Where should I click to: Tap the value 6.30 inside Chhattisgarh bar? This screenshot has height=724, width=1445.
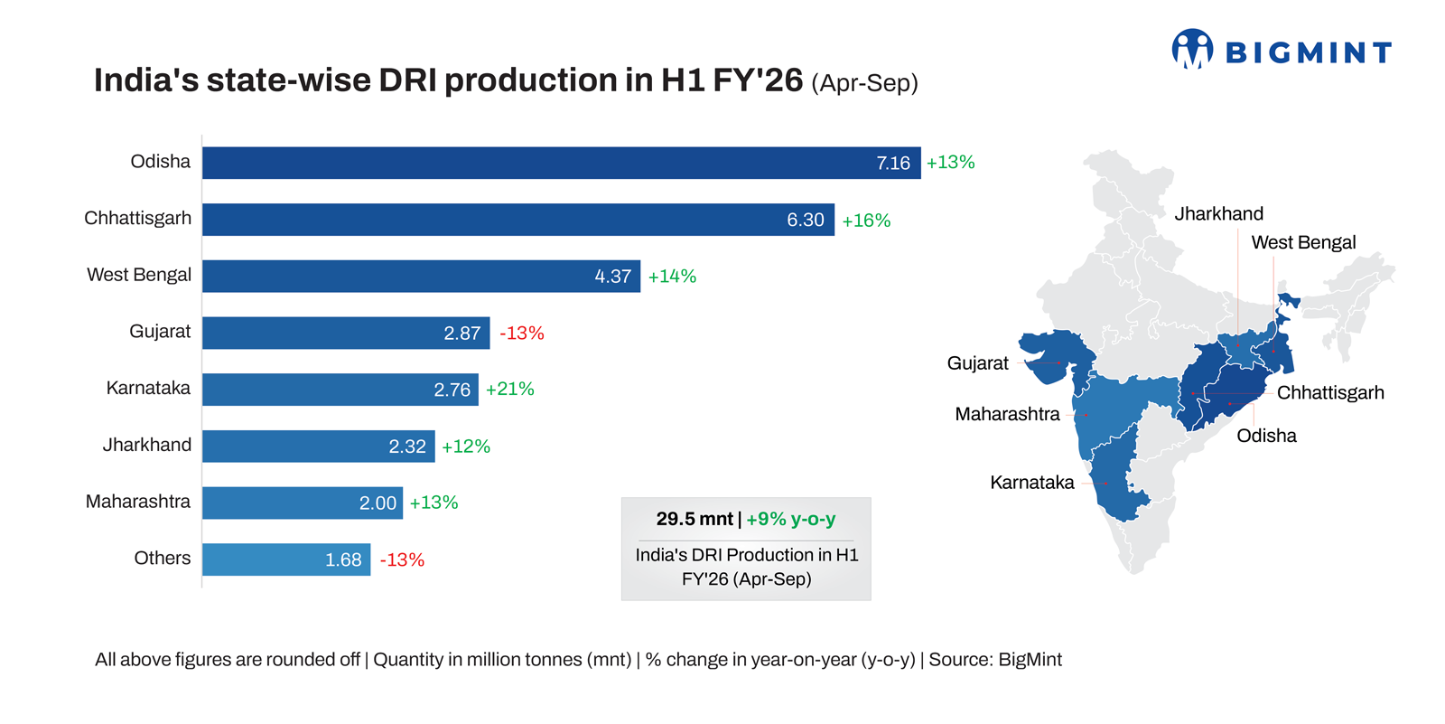805,220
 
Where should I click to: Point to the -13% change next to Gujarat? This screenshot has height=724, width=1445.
522,333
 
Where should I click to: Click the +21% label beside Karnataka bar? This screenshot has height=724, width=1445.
510,389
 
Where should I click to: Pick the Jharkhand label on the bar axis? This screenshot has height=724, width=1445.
146,445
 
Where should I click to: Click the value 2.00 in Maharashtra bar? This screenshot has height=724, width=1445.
378,503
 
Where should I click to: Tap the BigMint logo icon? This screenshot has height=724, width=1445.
1192,49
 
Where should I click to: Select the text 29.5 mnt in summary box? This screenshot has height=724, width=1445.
694,519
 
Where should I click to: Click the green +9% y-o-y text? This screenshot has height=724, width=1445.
791,519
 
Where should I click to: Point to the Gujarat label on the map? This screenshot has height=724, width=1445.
977,363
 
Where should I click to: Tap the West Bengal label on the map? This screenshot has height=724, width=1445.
1303,242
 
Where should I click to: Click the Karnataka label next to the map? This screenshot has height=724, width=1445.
1031,483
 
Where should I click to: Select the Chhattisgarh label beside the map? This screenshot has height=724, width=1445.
1329,392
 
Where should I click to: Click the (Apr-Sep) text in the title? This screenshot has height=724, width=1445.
864,83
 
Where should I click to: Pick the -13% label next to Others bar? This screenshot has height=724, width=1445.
402,559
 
